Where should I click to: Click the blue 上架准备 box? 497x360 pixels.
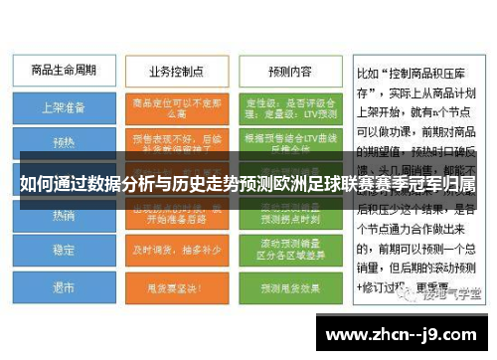tap(63, 106)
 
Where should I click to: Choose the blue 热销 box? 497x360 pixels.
tap(63, 215)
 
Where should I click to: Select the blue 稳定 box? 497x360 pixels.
tap(63, 251)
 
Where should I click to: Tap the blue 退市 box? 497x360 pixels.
tap(63, 287)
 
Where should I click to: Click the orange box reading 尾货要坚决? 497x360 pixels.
tap(175, 287)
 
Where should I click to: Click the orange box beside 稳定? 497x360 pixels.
tap(175, 251)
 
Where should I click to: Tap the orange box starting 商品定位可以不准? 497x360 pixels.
tap(175, 106)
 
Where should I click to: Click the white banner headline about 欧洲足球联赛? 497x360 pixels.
tap(248, 186)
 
